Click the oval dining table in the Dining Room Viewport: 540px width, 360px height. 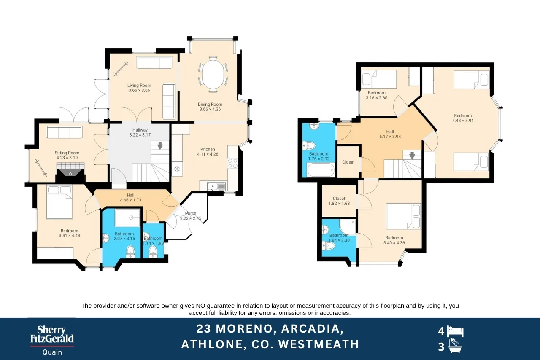pyautogui.click(x=213, y=74)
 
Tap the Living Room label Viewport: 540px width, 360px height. pyautogui.click(x=139, y=85)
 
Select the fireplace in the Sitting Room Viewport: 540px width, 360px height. pyautogui.click(x=70, y=172)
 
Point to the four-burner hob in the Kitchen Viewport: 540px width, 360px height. pyautogui.click(x=232, y=163)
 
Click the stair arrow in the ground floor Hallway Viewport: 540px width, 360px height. pyautogui.click(x=160, y=146)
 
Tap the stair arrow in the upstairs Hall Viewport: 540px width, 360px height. pyautogui.click(x=412, y=156)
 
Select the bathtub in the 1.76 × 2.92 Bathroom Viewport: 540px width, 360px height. pyautogui.click(x=321, y=170)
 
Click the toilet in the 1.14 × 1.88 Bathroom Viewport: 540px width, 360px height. pyautogui.click(x=152, y=252)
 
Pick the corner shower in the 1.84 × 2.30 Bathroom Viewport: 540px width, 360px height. pyautogui.click(x=348, y=227)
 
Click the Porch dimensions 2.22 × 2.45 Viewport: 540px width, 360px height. pyautogui.click(x=190, y=218)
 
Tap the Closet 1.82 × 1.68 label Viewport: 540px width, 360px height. pyautogui.click(x=339, y=201)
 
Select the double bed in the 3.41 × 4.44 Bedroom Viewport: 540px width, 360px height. pyautogui.click(x=59, y=202)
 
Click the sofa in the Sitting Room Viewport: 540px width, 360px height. pyautogui.click(x=65, y=132)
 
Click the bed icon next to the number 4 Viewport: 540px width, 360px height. pyautogui.click(x=455, y=332)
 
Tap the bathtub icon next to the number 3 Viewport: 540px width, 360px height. pyautogui.click(x=455, y=346)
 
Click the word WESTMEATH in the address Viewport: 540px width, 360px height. pyautogui.click(x=319, y=344)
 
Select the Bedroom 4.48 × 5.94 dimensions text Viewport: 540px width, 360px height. pyautogui.click(x=463, y=121)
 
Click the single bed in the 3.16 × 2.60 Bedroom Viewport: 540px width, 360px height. pyautogui.click(x=379, y=79)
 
